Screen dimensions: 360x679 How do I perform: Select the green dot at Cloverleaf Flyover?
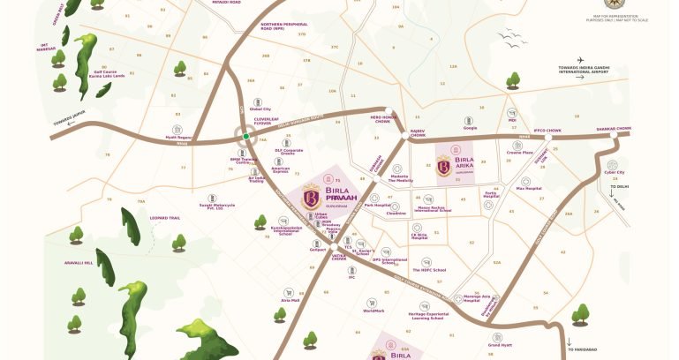246,136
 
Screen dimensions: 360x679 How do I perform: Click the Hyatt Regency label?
178,138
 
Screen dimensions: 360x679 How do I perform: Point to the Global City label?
260,109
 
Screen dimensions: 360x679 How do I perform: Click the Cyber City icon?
615,161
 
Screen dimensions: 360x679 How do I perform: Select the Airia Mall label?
290,300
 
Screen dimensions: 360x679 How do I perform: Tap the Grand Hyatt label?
501,345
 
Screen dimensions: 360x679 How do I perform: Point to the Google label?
470,128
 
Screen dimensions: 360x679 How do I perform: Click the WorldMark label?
373,311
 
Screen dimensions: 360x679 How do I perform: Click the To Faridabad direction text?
582,351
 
